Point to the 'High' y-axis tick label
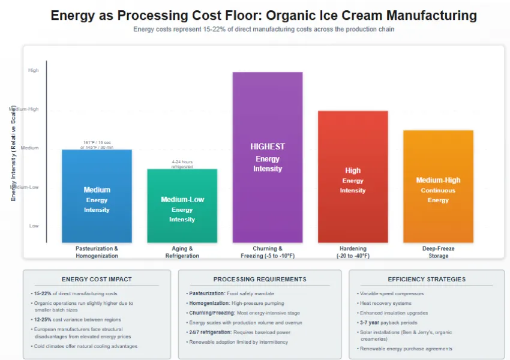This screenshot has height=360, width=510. (34, 70)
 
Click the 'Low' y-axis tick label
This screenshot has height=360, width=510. (34, 226)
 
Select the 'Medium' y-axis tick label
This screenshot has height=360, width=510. (30, 148)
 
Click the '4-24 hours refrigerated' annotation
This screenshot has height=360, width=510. (182, 164)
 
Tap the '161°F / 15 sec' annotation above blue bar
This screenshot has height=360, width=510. (97, 142)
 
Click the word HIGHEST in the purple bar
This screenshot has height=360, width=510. (268, 146)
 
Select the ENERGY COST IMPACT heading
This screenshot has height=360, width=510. (97, 279)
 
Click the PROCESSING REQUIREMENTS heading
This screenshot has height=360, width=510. (260, 279)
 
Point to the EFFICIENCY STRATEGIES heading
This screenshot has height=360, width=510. (426, 279)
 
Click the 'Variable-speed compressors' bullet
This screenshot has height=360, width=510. (392, 293)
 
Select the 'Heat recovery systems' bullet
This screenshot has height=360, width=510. (386, 303)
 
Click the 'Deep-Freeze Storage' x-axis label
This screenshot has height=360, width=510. (438, 252)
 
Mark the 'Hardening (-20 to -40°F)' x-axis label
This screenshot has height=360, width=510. (353, 252)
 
